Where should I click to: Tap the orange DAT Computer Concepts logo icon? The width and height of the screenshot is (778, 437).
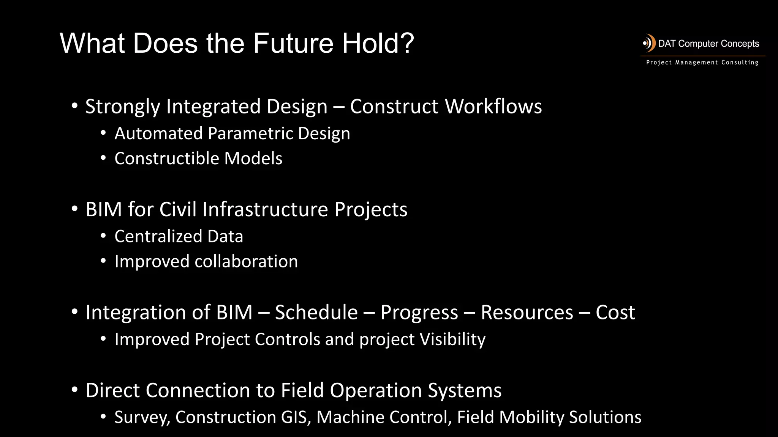[x=649, y=43]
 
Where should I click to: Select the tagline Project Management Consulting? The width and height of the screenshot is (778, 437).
[x=702, y=63]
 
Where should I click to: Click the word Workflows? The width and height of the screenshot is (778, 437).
[x=493, y=106]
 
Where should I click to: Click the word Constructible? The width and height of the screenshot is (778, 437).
[x=166, y=159]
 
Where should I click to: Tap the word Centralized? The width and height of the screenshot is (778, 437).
[x=158, y=236]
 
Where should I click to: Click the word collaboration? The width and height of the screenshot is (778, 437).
[x=246, y=262]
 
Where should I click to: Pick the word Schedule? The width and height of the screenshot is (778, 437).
[x=316, y=313]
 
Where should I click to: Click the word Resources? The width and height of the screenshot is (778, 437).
[x=527, y=313]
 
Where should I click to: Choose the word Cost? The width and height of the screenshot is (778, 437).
[x=615, y=313]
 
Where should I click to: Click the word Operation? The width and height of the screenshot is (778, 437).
[x=375, y=390]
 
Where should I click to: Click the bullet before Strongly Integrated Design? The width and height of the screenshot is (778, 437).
[x=74, y=106]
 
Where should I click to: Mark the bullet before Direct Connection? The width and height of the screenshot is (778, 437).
[x=74, y=390]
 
